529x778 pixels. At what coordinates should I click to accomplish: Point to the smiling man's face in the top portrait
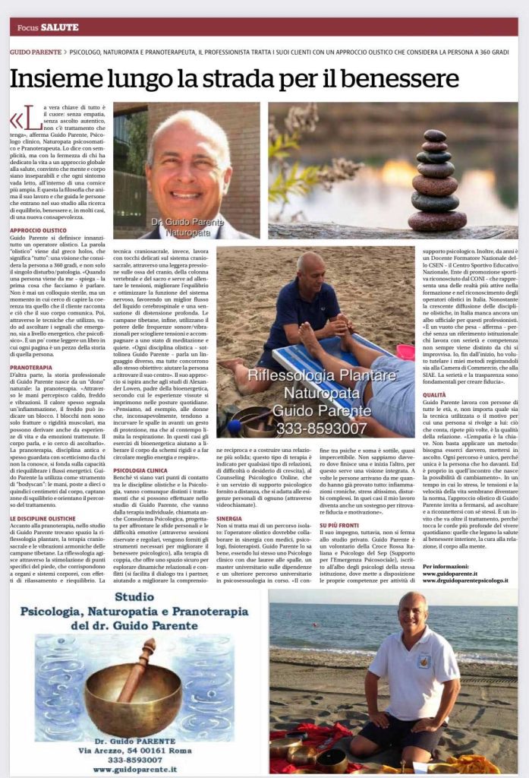point(186,160)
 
